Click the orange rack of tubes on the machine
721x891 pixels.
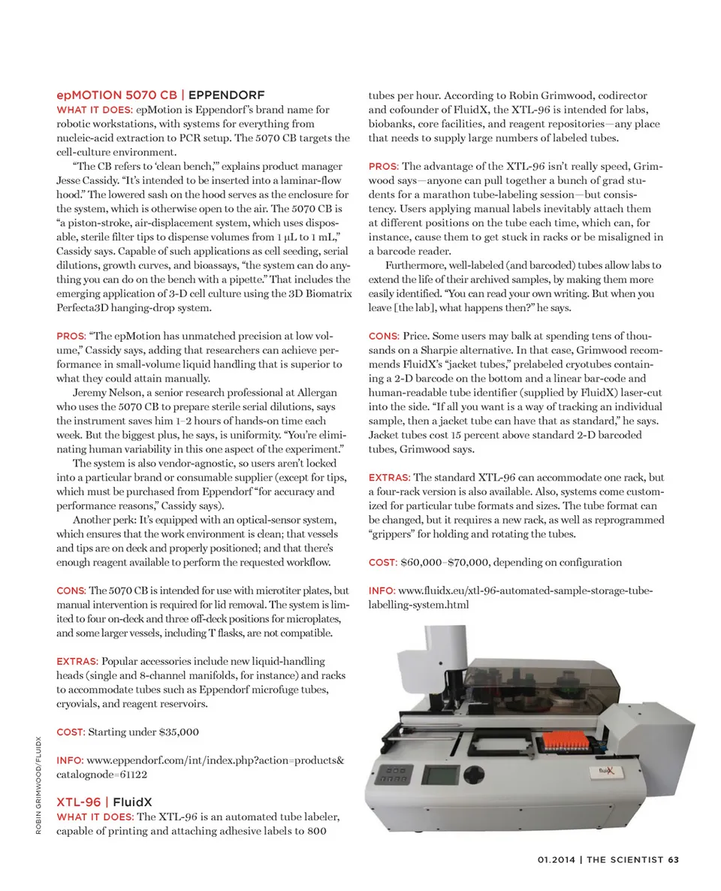pos(566,746)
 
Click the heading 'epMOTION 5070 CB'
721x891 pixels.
pos(117,95)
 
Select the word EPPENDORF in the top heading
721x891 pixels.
pos(226,95)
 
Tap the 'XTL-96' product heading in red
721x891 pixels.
pos(79,803)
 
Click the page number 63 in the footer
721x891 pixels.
pos(674,860)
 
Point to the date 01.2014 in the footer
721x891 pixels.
pos(557,860)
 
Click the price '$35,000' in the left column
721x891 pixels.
pos(179,731)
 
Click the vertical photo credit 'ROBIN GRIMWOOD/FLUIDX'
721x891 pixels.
pos(38,785)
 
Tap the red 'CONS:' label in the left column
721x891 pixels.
pos(71,590)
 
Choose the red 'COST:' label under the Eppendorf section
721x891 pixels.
pos(71,731)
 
